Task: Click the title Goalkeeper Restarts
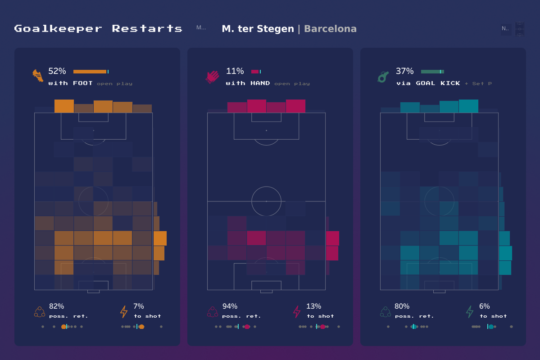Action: [x=98, y=29]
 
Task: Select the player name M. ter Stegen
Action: [x=258, y=29]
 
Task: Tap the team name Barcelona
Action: [x=330, y=29]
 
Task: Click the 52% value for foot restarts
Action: [x=57, y=71]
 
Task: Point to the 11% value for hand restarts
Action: [x=235, y=71]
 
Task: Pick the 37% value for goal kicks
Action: [x=404, y=71]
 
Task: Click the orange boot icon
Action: [x=38, y=76]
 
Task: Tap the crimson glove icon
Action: [x=212, y=77]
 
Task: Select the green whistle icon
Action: [x=383, y=77]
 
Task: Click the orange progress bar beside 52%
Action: [x=90, y=72]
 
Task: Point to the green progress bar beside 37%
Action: [x=432, y=72]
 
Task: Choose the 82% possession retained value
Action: [x=56, y=306]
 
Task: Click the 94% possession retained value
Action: [x=230, y=306]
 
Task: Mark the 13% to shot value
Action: [x=313, y=306]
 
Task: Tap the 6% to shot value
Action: [x=485, y=306]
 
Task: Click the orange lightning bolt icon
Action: [x=124, y=311]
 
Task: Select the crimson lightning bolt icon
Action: [x=297, y=311]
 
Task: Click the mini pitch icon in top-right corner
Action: [x=520, y=29]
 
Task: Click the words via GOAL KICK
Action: [x=428, y=83]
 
